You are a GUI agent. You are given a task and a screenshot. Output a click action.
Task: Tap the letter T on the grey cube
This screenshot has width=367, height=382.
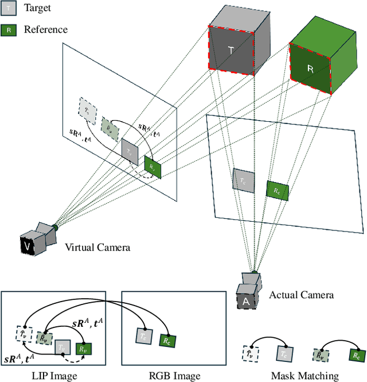tap(231, 50)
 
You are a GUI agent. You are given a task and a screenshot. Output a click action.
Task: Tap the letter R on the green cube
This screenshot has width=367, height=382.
tap(310, 68)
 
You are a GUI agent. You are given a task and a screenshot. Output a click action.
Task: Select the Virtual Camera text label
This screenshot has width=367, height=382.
tap(97, 248)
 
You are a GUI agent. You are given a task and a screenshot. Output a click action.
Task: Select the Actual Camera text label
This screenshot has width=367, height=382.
tap(301, 295)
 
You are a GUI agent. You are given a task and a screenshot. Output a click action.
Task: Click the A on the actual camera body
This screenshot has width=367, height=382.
tap(245, 302)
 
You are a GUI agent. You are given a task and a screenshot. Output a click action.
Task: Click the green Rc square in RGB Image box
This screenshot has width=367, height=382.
tap(167, 340)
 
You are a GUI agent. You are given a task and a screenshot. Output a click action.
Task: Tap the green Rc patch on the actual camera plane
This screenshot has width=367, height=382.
tap(277, 190)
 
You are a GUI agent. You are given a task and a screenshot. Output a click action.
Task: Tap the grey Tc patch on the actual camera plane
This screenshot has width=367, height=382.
tap(243, 180)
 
